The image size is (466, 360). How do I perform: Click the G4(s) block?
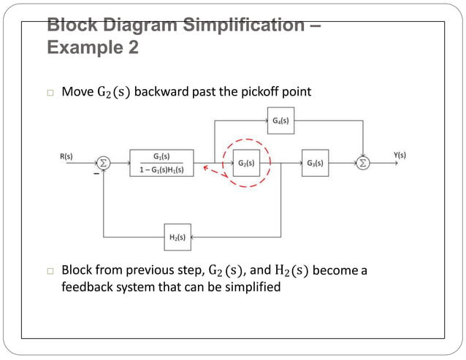pyautogui.click(x=278, y=120)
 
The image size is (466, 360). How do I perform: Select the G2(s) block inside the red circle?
pyautogui.click(x=246, y=163)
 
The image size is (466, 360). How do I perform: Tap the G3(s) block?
pyautogui.click(x=316, y=163)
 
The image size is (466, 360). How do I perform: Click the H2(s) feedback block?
pyautogui.click(x=177, y=237)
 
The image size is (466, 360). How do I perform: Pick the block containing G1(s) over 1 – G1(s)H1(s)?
pyautogui.click(x=161, y=163)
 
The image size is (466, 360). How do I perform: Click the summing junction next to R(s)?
pyautogui.click(x=104, y=164)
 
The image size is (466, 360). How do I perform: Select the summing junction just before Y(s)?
pyautogui.click(x=363, y=164)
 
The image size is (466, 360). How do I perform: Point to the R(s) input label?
pyautogui.click(x=66, y=156)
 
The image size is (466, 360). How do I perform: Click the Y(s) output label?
pyautogui.click(x=400, y=155)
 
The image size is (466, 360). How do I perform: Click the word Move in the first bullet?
pyautogui.click(x=77, y=92)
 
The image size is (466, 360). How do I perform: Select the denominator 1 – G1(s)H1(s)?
pyautogui.click(x=161, y=170)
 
